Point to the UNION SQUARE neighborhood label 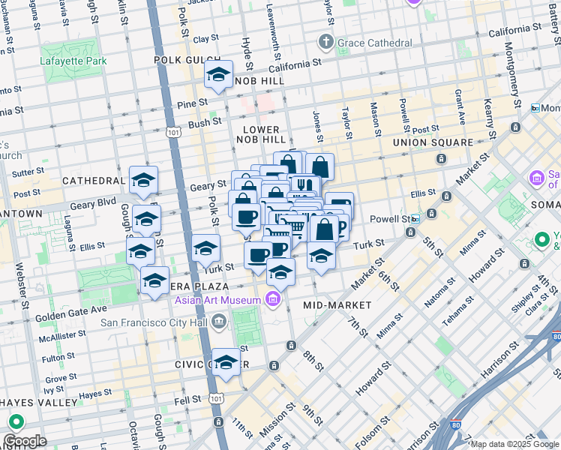[x=433, y=142]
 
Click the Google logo [x=25, y=440]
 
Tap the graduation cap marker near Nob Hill [x=218, y=75]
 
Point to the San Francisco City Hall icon [x=217, y=323]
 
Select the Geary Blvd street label [x=93, y=202]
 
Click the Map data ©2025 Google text [x=514, y=444]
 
